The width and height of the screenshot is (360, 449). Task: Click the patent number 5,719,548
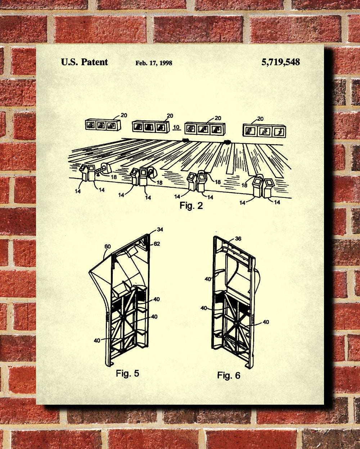pos(280,62)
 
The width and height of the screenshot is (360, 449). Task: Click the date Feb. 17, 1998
pos(154,63)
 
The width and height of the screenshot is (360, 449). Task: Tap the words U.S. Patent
pos(85,62)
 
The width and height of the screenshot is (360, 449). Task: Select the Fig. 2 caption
pos(191,206)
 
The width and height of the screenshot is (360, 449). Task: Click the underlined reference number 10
pos(176,127)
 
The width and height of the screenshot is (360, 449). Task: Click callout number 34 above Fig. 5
pos(160,230)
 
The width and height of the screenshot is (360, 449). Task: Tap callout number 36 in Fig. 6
pos(238,239)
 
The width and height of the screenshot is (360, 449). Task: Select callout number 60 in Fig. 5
pos(108,246)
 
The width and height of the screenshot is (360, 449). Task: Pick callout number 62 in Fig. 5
pos(157,244)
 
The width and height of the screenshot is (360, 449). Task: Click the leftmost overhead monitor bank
pos(103,125)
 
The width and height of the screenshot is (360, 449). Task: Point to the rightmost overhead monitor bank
pos(264,131)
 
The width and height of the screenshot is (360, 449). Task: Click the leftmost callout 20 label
pos(124,115)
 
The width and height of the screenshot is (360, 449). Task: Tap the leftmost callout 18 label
pos(114,177)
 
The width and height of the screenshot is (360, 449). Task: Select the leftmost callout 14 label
pos(78,191)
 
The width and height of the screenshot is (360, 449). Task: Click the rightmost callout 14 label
pos(277,202)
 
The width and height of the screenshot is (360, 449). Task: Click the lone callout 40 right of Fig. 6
pos(266,322)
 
